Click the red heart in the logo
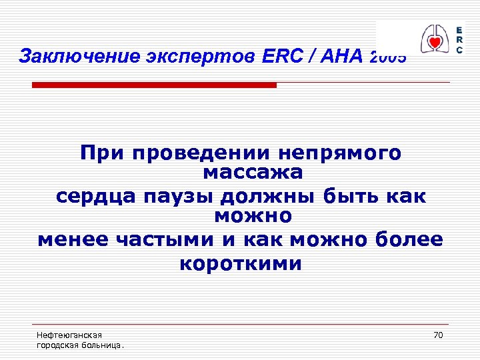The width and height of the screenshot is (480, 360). pos(434,43)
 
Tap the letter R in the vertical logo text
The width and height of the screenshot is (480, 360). pos(459,40)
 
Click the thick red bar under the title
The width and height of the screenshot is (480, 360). pos(154,85)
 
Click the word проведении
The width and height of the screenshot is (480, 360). pos(197,153)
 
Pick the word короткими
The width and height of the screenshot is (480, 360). pos(241,264)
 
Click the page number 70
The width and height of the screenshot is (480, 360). pos(437,335)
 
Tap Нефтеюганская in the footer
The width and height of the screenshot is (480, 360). pos(69,335)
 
